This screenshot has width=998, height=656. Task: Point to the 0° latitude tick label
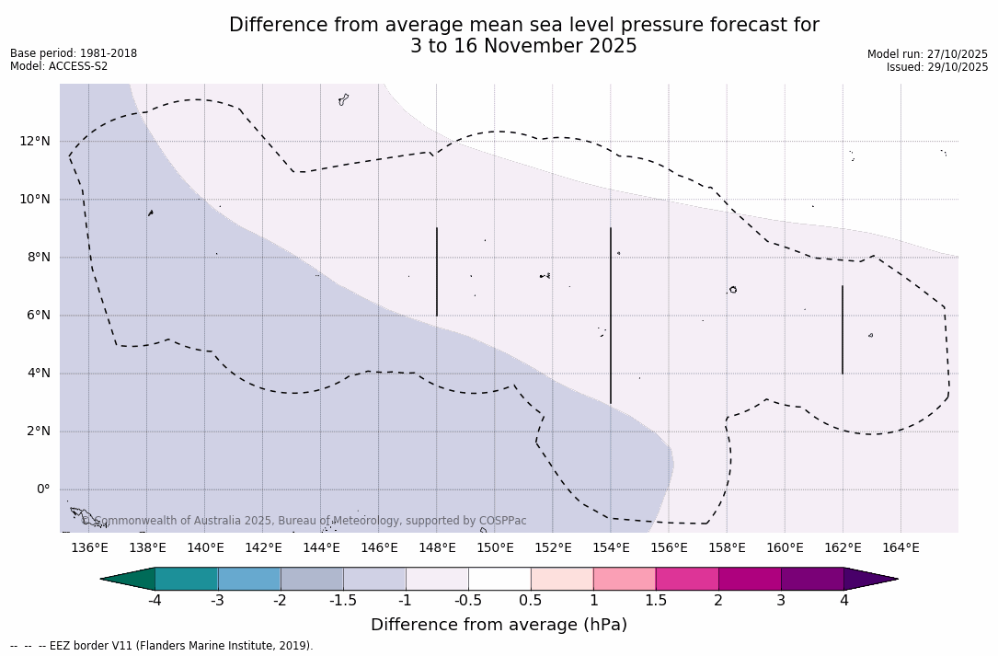[41, 489]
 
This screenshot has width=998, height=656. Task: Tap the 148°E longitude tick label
[437, 548]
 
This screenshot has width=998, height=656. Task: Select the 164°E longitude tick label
[900, 548]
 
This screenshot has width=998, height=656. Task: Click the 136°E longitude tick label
[89, 548]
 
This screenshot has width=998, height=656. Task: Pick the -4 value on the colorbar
[155, 601]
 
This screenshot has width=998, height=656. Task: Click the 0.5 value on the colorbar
[531, 601]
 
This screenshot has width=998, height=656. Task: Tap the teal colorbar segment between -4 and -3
[187, 579]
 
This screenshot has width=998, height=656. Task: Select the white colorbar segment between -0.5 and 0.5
[499, 579]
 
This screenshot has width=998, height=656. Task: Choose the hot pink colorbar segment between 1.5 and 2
[687, 579]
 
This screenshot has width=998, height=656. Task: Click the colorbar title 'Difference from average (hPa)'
[499, 625]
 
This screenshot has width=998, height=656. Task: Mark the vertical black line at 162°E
[843, 329]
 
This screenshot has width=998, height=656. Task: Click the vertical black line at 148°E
[437, 271]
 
